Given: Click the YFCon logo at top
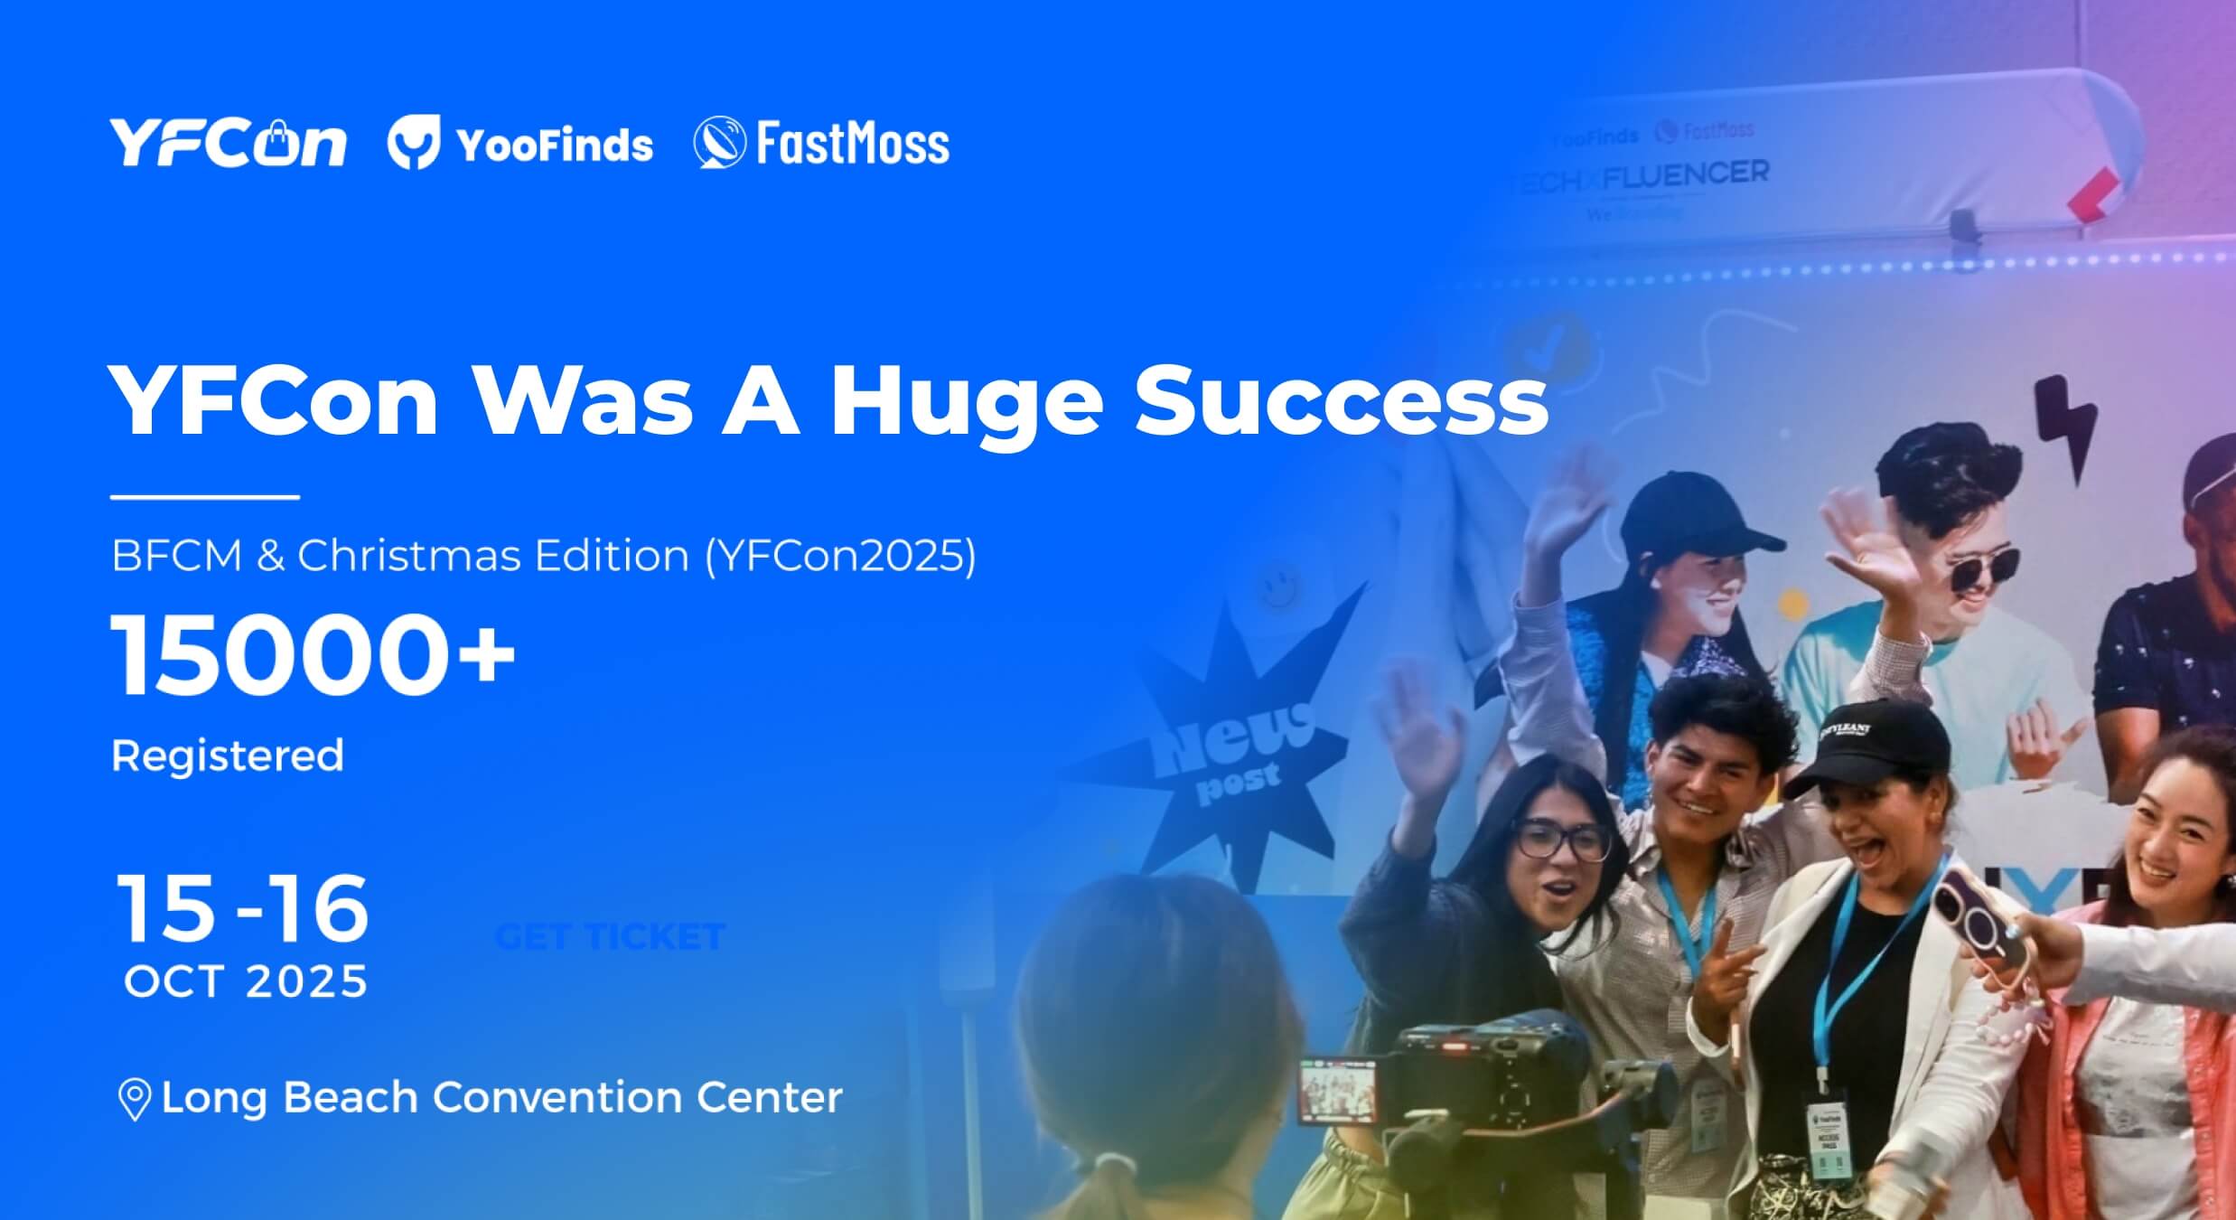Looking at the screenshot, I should [228, 143].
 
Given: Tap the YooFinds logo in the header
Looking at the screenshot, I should [520, 145].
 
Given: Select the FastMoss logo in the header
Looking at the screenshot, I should [821, 143].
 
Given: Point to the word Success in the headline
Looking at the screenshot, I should [1342, 401].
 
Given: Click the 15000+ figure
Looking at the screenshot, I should [313, 655].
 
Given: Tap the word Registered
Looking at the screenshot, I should [228, 755].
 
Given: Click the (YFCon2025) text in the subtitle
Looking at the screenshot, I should [840, 555].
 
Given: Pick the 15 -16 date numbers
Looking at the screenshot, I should [242, 909].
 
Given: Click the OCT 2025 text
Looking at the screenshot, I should [246, 981].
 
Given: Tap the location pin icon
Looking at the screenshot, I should [135, 1099].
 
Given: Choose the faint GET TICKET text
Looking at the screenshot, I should [611, 936].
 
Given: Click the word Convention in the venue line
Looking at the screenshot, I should [557, 1097].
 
